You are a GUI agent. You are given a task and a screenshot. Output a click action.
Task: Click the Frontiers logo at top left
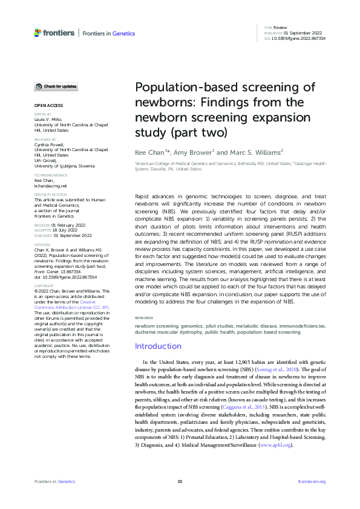(55, 33)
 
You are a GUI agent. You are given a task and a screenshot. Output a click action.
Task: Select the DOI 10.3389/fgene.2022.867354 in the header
(299, 38)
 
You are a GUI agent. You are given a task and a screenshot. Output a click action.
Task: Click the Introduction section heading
(158, 346)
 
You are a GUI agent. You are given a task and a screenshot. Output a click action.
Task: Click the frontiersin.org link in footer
(312, 481)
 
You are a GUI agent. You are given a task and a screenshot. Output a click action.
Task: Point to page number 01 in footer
(180, 481)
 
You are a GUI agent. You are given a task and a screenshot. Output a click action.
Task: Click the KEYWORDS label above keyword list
(143, 318)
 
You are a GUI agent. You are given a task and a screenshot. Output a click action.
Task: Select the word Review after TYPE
(280, 28)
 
